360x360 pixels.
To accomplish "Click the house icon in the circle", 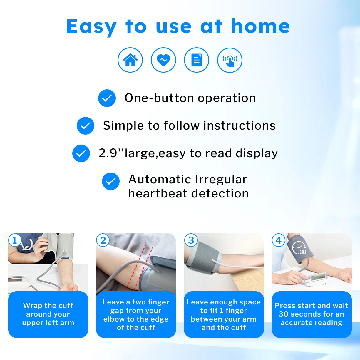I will pos(130,60).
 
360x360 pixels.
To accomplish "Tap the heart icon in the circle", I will pos(163,60).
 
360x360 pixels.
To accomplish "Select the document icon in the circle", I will pos(197,60).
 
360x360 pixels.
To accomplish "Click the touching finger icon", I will pos(230,60).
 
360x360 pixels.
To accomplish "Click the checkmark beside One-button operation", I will pos(107,98).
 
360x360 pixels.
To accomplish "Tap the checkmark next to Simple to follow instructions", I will pos(86,126).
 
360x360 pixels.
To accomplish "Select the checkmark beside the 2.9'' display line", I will pos(81,153).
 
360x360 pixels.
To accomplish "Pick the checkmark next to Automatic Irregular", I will pos(111,181).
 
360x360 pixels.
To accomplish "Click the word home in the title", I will pos(260,26).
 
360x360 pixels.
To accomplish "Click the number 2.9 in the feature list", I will pos(108,153).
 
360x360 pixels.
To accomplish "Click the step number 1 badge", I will pos(15,240).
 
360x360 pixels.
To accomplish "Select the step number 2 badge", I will pos(103,240).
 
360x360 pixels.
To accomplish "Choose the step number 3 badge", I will pos(191,240).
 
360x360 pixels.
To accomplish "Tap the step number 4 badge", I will pos(278,240).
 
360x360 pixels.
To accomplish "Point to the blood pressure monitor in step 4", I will pos(316,279).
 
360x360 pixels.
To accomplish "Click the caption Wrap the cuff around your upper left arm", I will pos(48,314).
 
